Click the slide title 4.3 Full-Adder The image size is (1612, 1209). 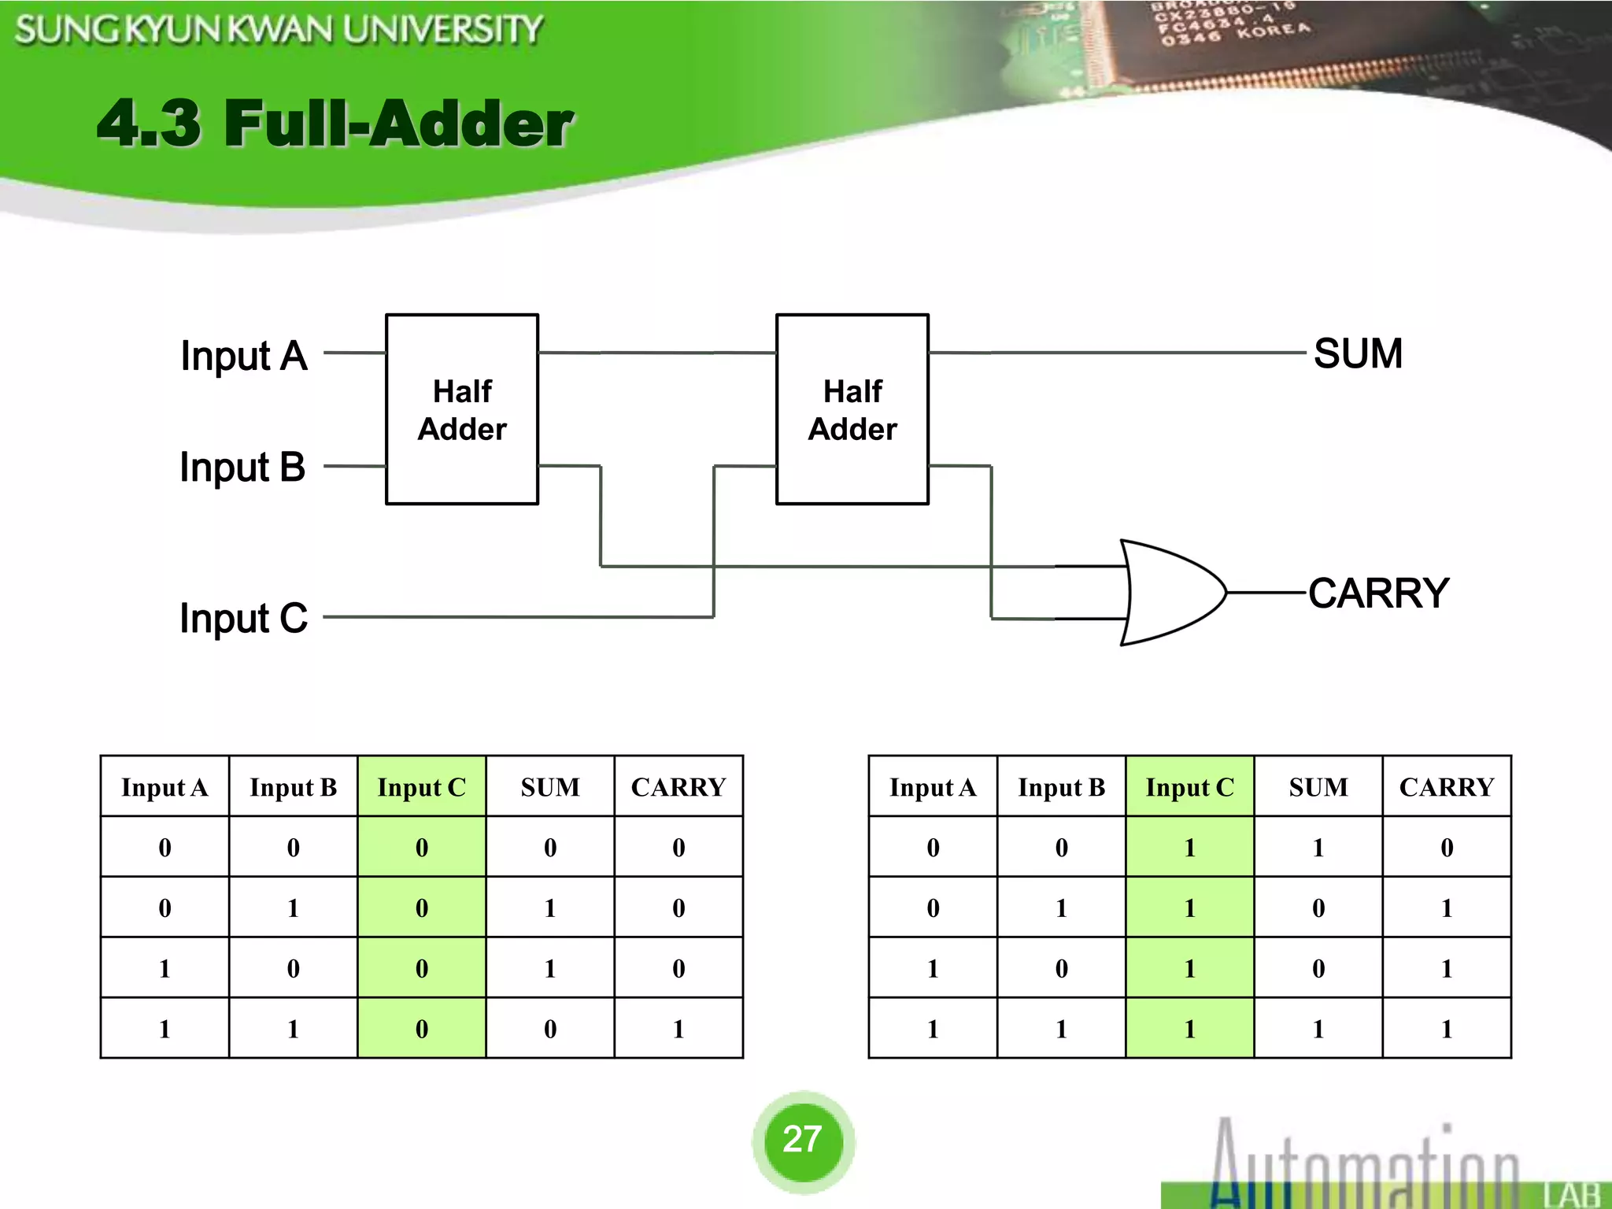tap(335, 124)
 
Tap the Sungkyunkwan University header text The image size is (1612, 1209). tap(279, 30)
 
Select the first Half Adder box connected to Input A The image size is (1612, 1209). tap(462, 409)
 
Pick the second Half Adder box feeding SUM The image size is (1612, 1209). tap(852, 409)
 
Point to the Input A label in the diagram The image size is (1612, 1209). tap(243, 356)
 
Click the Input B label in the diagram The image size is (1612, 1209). tap(242, 467)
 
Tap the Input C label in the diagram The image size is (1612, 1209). tap(243, 618)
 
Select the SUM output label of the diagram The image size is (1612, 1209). tap(1358, 353)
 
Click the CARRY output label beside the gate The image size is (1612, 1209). tap(1378, 593)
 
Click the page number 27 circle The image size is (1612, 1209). tap(803, 1140)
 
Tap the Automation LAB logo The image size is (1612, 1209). tap(1385, 1165)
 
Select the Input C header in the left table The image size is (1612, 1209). tap(422, 787)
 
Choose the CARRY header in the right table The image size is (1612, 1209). tap(1446, 787)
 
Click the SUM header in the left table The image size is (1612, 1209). tap(550, 787)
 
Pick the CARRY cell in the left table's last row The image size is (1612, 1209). tap(678, 1029)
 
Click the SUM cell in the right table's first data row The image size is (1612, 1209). tap(1318, 848)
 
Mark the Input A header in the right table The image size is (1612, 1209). tap(933, 787)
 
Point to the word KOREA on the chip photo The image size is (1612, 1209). tap(1273, 31)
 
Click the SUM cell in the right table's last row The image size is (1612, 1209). tap(1318, 1029)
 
